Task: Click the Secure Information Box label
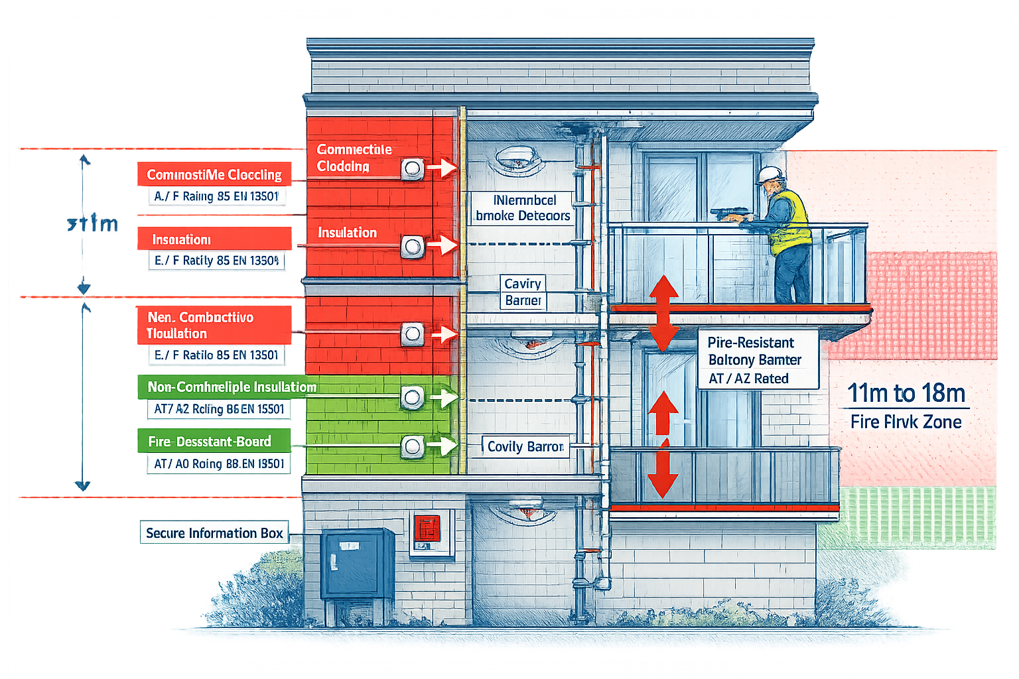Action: coord(214,533)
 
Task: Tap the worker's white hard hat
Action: coord(770,175)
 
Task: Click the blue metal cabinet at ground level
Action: coord(357,564)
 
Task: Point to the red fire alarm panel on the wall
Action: coord(427,528)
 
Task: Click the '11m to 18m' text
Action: coord(906,393)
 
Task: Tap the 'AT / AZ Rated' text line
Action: coord(748,379)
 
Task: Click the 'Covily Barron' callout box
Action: coord(525,446)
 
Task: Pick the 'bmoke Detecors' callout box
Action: coord(523,208)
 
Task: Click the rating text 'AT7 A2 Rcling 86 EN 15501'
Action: coord(218,409)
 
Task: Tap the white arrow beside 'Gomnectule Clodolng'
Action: coord(441,168)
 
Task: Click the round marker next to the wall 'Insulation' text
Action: coord(412,247)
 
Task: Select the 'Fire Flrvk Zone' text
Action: coord(906,422)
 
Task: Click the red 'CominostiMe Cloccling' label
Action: coord(214,174)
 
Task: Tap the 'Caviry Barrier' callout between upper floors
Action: coord(523,292)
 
